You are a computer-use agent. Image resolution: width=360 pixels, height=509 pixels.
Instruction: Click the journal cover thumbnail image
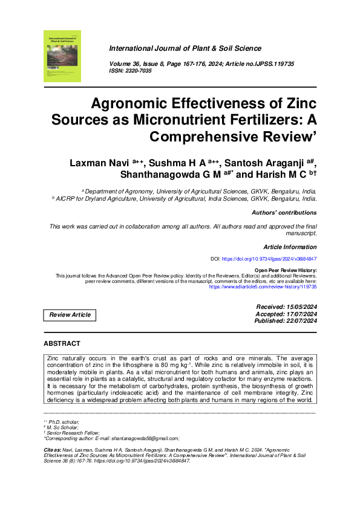(62, 56)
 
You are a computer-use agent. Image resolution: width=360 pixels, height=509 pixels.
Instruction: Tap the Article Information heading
(290, 247)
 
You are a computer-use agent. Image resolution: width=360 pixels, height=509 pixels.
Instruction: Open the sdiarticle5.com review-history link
(263, 287)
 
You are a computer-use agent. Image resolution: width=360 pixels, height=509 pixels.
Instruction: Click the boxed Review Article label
(70, 315)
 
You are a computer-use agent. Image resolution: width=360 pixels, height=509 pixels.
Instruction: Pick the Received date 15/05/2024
(301, 307)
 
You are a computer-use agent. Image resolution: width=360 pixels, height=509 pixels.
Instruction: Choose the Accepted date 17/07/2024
(301, 314)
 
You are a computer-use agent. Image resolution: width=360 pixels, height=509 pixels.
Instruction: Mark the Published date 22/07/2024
(301, 320)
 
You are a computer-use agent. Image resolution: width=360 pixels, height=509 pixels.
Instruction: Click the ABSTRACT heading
(62, 343)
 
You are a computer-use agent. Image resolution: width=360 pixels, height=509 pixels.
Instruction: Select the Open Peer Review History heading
(286, 270)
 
